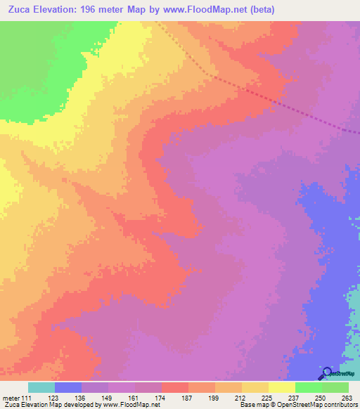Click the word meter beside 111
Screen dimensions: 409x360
(11, 398)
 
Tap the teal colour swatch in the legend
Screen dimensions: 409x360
(41, 387)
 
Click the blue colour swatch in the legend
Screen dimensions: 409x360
(68, 387)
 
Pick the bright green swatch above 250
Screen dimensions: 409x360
(308, 387)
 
